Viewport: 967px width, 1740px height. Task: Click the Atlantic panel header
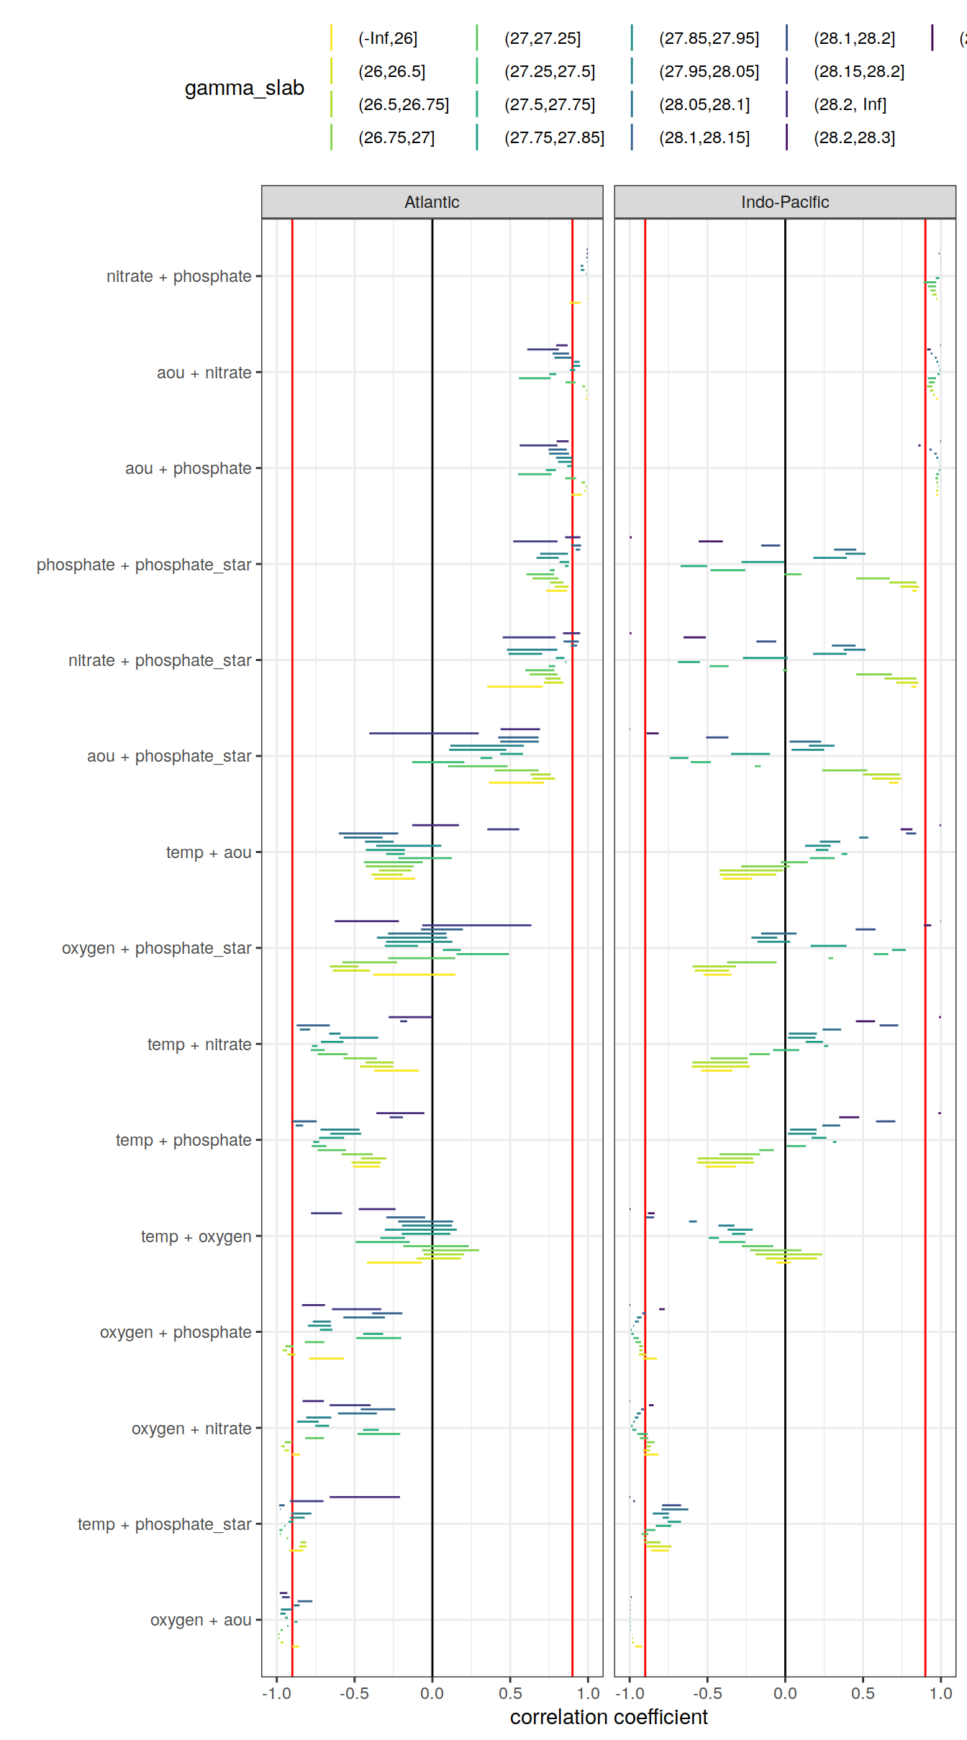432,202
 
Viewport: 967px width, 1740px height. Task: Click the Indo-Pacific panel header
784,202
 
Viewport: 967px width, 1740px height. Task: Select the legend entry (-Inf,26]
388,38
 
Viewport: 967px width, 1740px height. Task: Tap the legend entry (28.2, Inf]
850,104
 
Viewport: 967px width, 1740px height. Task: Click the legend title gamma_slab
244,88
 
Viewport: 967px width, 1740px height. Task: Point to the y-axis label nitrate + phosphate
178,276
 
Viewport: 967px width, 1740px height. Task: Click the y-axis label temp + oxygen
196,1236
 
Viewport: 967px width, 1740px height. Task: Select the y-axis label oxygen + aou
201,1620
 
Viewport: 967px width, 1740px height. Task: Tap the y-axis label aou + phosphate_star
169,756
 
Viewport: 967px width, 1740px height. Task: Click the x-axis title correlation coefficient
609,1717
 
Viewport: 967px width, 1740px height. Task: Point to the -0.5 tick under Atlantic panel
354,1693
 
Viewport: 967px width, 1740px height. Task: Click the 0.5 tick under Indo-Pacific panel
863,1693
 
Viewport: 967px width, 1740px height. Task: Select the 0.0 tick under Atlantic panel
432,1693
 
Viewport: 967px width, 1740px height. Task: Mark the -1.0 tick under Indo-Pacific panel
630,1693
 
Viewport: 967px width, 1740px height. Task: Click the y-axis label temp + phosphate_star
164,1524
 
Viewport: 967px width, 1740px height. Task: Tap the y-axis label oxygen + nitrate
191,1429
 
